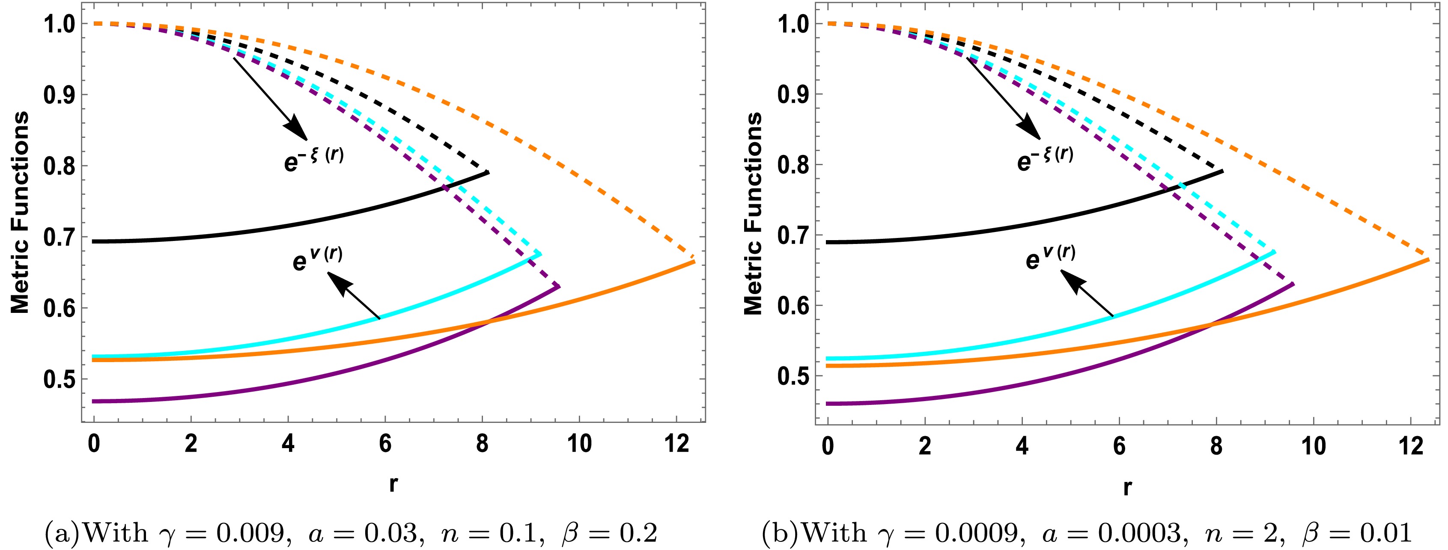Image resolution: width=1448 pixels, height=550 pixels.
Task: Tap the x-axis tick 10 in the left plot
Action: [579, 444]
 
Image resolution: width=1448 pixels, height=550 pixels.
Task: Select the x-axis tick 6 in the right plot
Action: [1119, 446]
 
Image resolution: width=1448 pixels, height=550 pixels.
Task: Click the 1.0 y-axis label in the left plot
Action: [59, 24]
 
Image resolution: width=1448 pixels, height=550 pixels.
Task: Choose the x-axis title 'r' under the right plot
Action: [1127, 487]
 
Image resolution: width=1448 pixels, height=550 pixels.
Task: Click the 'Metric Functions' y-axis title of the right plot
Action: [753, 214]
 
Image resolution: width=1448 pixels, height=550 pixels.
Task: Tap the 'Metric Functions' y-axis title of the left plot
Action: [20, 212]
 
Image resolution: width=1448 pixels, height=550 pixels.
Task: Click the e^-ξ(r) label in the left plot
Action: [314, 158]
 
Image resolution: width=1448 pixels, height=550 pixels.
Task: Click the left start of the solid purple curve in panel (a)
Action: [94, 401]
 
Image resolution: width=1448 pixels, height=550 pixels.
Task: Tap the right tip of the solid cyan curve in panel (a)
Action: [541, 254]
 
